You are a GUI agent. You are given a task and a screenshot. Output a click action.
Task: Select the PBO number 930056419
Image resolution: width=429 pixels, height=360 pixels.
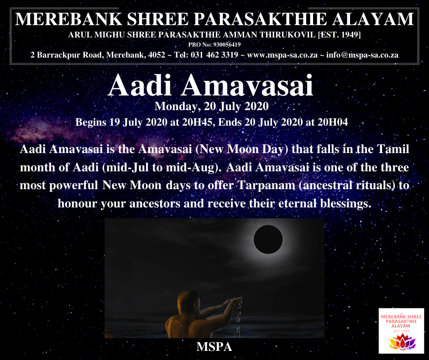tap(227, 44)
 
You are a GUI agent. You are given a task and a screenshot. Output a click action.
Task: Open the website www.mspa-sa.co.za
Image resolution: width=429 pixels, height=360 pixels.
tap(282, 55)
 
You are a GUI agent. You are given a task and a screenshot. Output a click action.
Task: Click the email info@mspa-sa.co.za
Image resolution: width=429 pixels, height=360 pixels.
tap(362, 55)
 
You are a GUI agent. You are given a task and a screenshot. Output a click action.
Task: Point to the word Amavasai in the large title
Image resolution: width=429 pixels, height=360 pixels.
tap(247, 86)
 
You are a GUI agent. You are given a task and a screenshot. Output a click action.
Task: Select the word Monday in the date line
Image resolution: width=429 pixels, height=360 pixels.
tap(176, 106)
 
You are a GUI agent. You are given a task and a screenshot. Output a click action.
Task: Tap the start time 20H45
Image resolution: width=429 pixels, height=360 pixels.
tap(197, 122)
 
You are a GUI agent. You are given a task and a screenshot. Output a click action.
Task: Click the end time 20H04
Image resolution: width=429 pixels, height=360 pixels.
tap(333, 122)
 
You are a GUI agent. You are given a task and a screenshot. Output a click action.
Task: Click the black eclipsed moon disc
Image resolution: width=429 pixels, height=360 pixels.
tap(268, 239)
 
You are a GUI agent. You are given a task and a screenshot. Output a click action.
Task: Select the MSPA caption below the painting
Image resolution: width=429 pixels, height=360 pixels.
tap(214, 347)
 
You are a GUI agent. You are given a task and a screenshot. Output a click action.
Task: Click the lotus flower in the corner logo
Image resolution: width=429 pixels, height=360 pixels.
tap(402, 342)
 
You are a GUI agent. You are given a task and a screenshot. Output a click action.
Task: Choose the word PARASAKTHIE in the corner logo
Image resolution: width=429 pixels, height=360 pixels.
tap(401, 321)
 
